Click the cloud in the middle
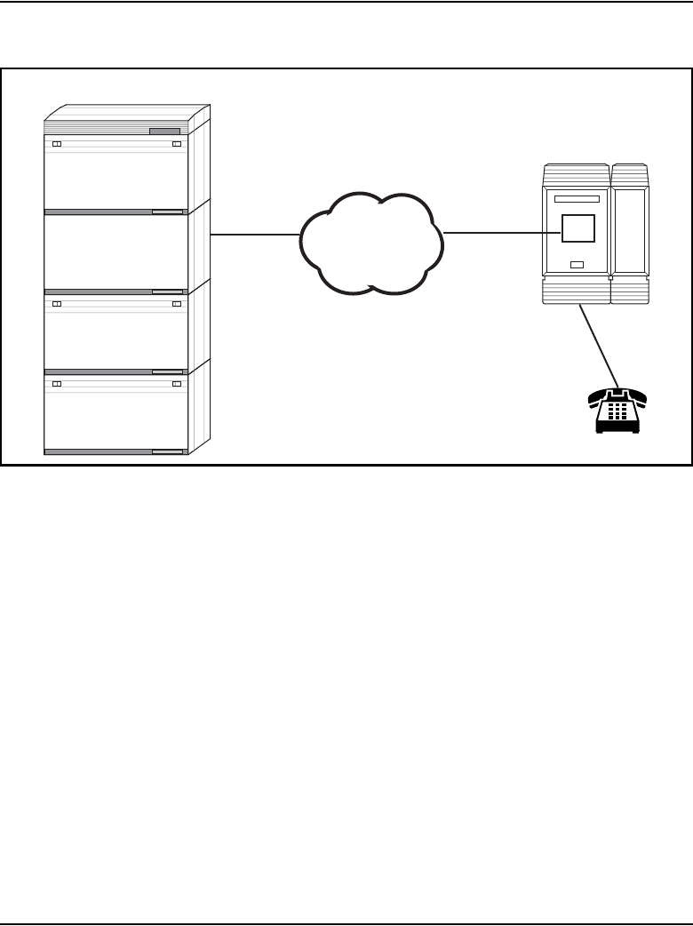(371, 242)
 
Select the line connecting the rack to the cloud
(254, 235)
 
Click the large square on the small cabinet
(576, 228)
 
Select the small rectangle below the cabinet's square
(577, 264)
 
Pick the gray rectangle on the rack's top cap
(164, 131)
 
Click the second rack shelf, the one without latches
(115, 251)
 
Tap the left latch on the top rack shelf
(55, 144)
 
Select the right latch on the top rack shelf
(177, 144)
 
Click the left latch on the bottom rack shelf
(55, 383)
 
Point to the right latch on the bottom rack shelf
(177, 383)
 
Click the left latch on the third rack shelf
(55, 303)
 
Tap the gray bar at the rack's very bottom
(115, 451)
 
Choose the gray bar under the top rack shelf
(115, 212)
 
